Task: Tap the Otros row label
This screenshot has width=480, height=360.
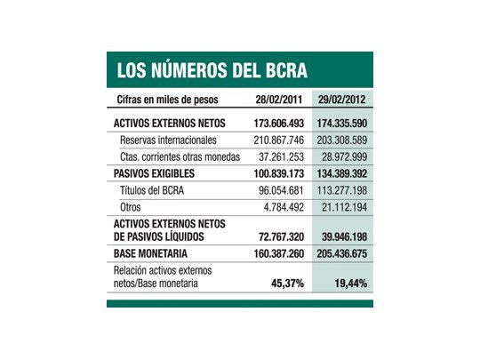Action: tap(131, 207)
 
